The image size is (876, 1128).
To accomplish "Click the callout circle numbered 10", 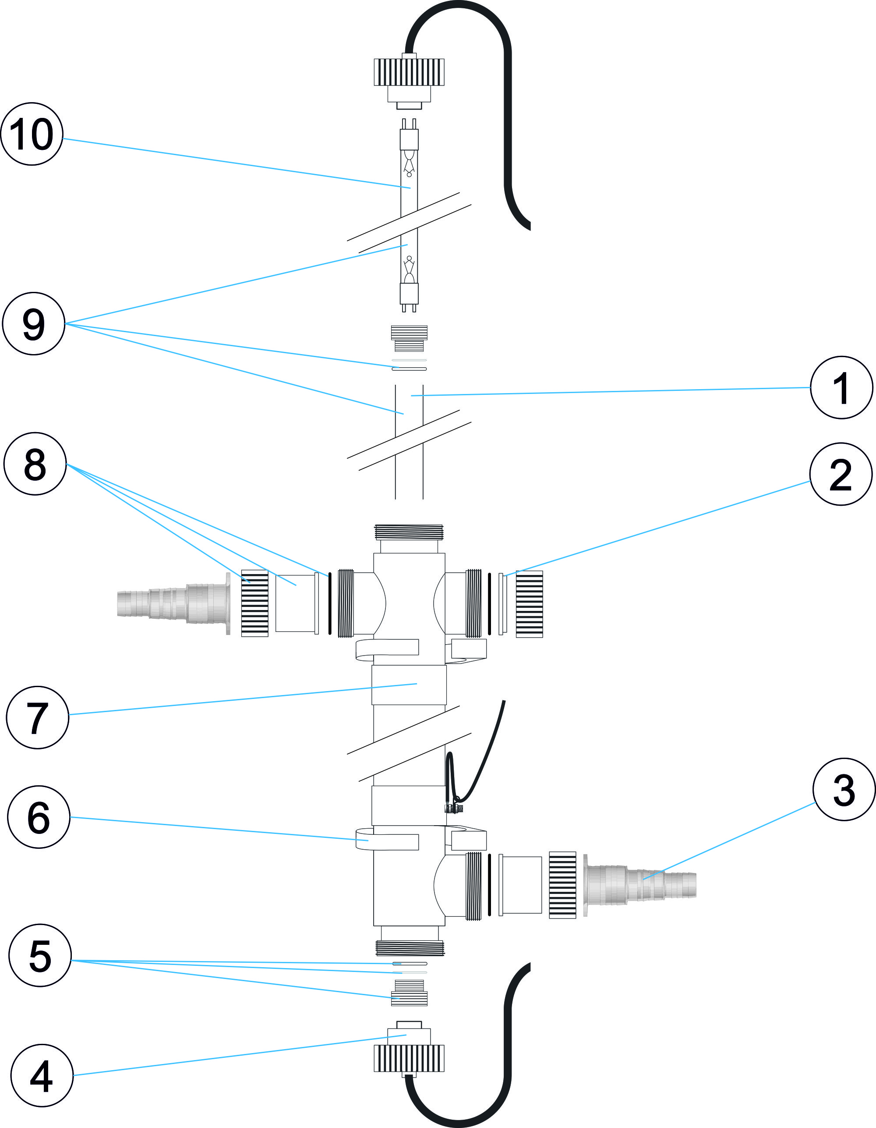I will (x=32, y=134).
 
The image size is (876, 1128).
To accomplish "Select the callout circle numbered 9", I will (x=34, y=324).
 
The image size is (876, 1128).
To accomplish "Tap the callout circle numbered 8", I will (x=35, y=464).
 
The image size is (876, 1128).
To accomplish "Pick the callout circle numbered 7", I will (x=38, y=717).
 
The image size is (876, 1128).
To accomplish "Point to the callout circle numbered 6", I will (x=39, y=817).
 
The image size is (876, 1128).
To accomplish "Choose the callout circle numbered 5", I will (x=40, y=955).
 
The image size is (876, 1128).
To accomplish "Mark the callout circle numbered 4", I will (x=42, y=1075).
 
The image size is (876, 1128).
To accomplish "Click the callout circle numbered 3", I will (x=844, y=789).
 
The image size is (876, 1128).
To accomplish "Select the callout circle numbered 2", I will (x=841, y=474).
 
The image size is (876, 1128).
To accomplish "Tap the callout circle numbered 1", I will (x=841, y=387).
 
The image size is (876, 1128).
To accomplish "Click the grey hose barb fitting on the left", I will (x=173, y=603).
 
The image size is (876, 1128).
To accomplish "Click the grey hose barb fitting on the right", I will (x=640, y=884).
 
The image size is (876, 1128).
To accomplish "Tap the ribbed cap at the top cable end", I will (x=409, y=72).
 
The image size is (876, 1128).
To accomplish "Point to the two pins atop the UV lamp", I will (x=409, y=124).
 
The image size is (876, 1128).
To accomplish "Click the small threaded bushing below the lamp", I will (x=409, y=338).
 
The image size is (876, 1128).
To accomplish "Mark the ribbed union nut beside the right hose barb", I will (x=562, y=885).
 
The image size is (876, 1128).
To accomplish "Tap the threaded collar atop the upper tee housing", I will (x=409, y=532).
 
